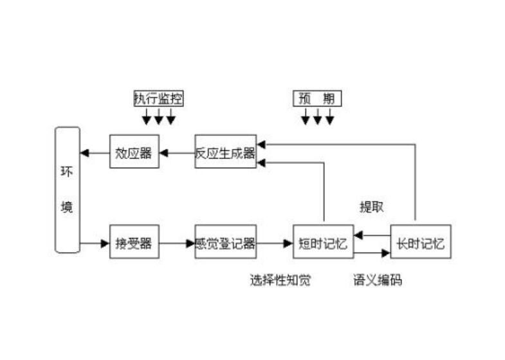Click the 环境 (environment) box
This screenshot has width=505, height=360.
click(x=67, y=190)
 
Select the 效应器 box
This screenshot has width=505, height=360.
click(x=134, y=152)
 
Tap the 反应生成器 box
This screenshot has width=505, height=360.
click(x=225, y=152)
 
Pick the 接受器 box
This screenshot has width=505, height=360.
click(x=134, y=243)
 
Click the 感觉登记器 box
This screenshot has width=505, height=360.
click(x=225, y=243)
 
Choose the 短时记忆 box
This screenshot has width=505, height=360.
click(x=323, y=243)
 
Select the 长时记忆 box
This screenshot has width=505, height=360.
click(x=421, y=243)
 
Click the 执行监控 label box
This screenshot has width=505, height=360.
click(x=158, y=98)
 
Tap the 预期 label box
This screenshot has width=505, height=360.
click(x=317, y=98)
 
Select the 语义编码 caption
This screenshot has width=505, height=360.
click(x=378, y=280)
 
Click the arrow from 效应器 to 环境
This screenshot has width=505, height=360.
click(x=94, y=152)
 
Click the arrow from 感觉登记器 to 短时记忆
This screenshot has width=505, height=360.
click(x=275, y=243)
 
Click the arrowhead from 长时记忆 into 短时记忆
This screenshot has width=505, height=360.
click(x=358, y=235)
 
